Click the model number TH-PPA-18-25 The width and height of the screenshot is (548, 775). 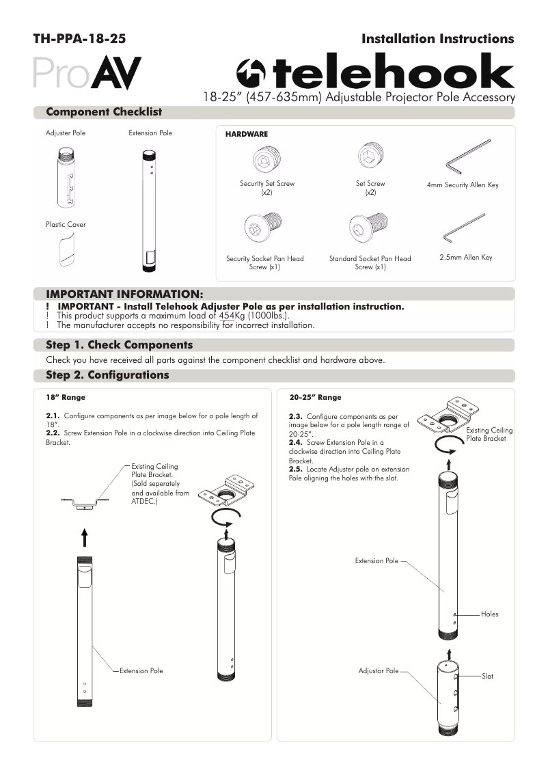coord(79,40)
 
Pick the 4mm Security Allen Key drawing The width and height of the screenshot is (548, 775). coord(469,157)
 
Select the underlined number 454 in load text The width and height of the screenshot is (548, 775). coord(225,316)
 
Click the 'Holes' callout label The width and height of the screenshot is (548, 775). coord(490,614)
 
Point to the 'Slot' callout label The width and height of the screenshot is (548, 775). coord(487,676)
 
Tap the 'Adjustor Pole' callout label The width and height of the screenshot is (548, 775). coord(378,671)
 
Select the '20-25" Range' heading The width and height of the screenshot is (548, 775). coord(315,397)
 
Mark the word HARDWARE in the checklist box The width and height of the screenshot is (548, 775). coord(246,135)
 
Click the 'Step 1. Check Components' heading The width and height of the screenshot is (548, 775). coord(119,345)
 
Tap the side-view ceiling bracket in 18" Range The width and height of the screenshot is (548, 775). coord(83,503)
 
